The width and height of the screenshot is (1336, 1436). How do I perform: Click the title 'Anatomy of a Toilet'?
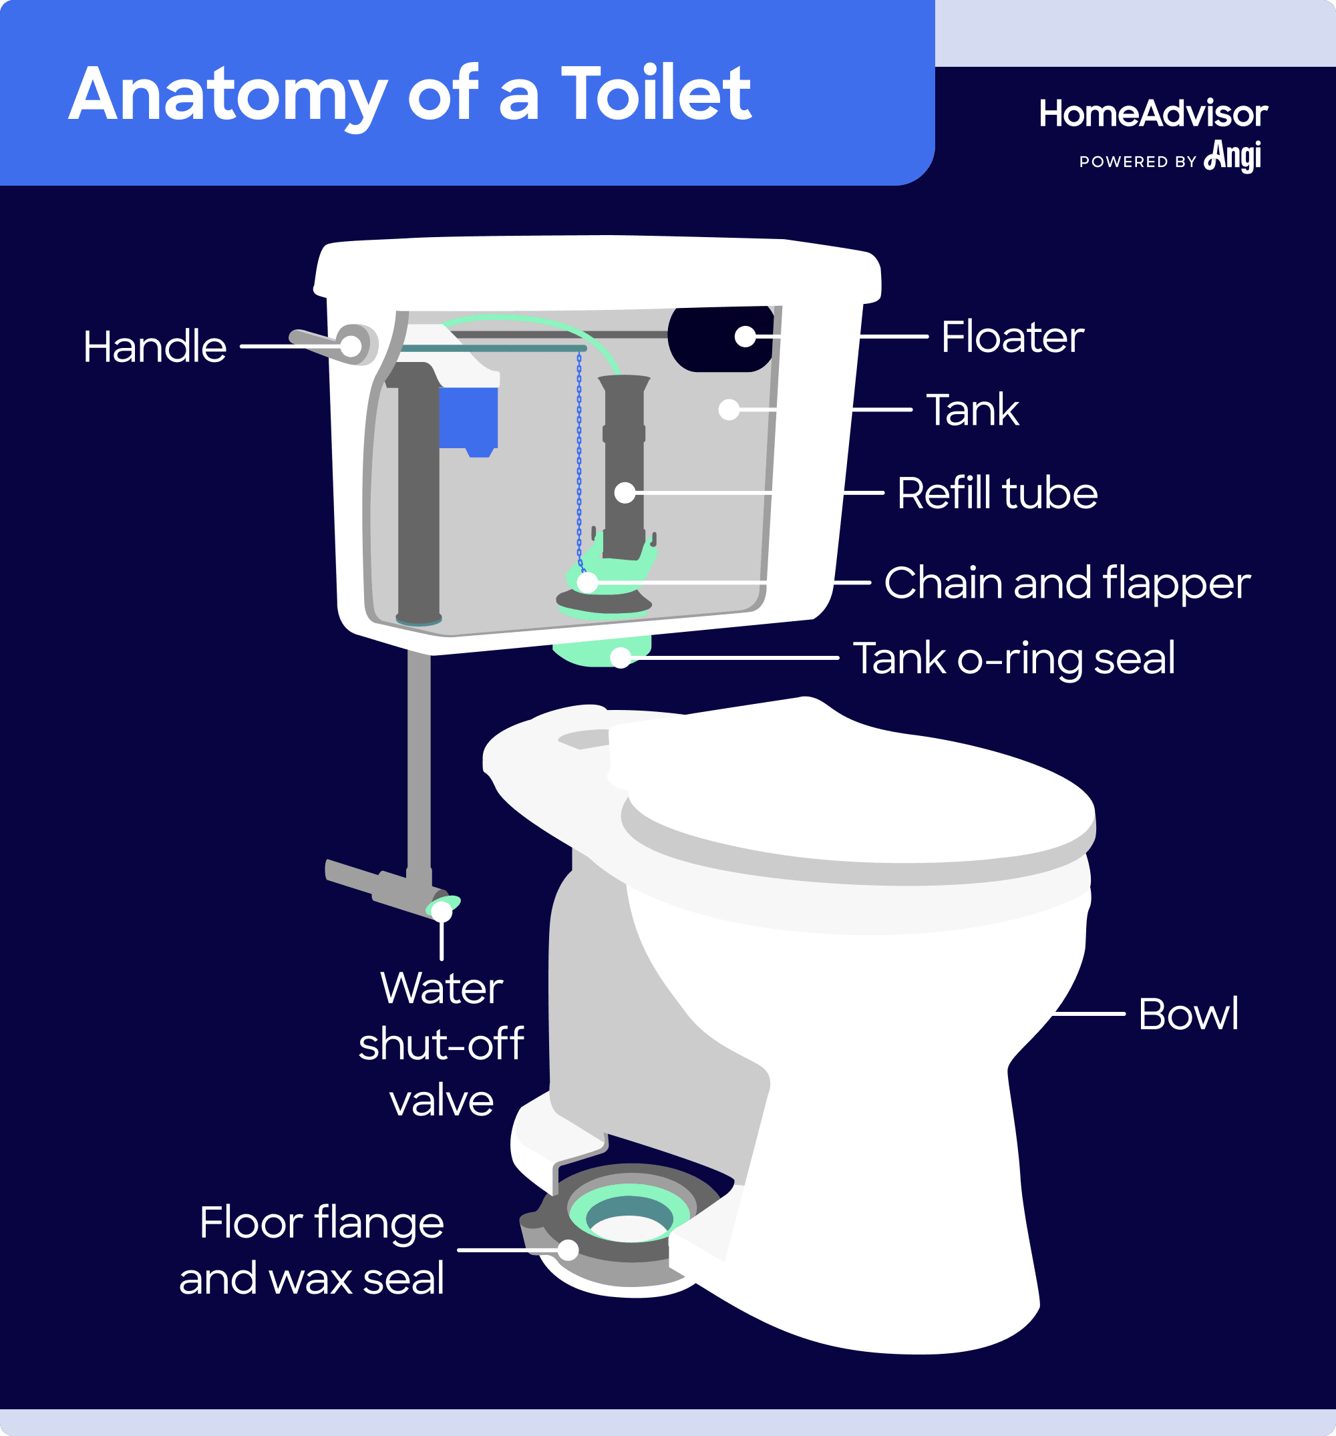pos(409,94)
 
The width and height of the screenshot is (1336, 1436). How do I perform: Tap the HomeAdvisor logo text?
pos(1152,114)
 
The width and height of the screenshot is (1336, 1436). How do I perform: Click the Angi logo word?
pos(1233,156)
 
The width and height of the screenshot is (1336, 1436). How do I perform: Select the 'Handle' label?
pos(154,347)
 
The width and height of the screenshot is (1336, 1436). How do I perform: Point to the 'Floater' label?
pos(1011,337)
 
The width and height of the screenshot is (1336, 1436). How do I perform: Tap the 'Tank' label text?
pos(972,410)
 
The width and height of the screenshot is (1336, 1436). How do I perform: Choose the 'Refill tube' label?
pos(997,494)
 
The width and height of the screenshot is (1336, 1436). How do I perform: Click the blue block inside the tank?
pos(468,419)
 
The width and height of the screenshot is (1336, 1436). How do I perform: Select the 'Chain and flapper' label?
pos(1067,583)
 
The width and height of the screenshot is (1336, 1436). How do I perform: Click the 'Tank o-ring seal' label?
pos(1013,659)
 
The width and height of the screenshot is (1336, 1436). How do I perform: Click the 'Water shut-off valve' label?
pos(441,1045)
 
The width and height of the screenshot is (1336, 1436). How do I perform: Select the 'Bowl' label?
pos(1188,1014)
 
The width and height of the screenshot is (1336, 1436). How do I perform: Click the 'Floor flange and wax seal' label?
pos(312,1251)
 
